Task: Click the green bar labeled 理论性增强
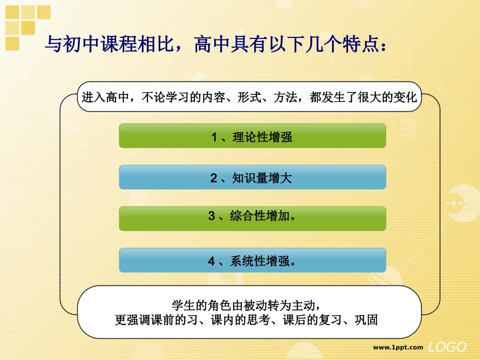[252, 136]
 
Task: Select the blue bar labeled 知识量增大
[252, 177]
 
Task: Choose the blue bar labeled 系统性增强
[252, 261]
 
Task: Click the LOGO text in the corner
[447, 347]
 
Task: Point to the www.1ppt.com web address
[398, 347]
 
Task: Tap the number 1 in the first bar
[214, 137]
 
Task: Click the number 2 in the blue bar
[213, 178]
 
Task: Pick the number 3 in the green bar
[212, 217]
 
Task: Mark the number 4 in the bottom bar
[212, 261]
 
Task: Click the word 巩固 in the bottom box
[365, 320]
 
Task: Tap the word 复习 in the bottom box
[329, 320]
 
